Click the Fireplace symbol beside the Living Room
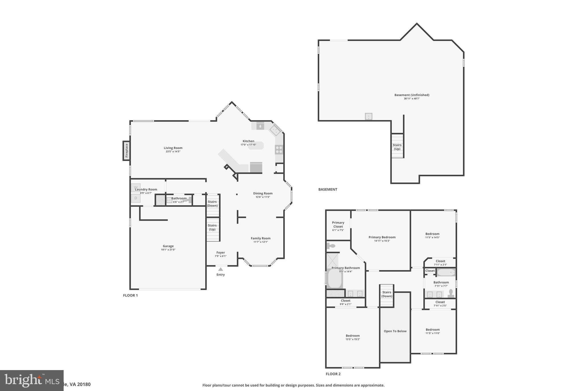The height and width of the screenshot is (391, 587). (x=126, y=150)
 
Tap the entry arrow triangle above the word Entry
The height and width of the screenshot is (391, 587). (x=220, y=269)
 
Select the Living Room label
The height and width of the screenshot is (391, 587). (x=173, y=148)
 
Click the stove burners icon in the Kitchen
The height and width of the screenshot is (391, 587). (x=279, y=150)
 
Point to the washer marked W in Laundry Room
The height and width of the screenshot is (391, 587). (x=136, y=187)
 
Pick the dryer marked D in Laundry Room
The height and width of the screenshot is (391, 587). (x=136, y=198)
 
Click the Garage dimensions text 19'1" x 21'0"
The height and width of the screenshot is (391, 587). (x=168, y=250)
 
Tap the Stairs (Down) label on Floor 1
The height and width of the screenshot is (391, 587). (x=212, y=204)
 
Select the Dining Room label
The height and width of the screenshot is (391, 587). (x=263, y=193)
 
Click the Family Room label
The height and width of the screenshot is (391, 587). (x=261, y=238)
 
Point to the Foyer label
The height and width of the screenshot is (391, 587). (x=221, y=253)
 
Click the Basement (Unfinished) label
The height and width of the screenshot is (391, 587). (x=412, y=95)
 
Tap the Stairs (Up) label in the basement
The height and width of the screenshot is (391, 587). (x=397, y=147)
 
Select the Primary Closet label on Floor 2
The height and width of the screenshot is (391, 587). (x=338, y=225)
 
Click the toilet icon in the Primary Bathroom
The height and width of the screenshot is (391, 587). (x=331, y=246)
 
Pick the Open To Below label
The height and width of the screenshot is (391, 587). (x=395, y=331)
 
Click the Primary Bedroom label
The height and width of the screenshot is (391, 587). (x=382, y=237)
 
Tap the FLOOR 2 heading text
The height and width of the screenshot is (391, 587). (x=333, y=374)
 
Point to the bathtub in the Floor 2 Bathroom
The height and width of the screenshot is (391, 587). (x=446, y=272)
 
